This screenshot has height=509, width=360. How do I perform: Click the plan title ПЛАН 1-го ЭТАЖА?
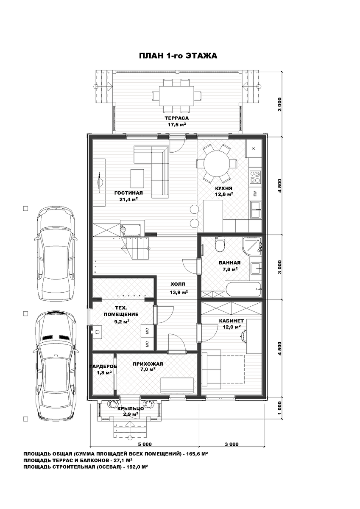[178, 56]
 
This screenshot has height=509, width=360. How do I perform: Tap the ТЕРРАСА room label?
[177, 118]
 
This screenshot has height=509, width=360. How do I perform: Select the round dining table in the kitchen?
[216, 163]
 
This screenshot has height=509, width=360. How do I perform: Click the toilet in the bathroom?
[220, 244]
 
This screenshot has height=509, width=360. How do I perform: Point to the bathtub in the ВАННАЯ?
[243, 289]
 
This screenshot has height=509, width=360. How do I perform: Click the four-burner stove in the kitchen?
[255, 177]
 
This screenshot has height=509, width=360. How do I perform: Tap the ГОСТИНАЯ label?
[128, 193]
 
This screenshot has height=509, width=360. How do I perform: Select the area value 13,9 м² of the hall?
[179, 292]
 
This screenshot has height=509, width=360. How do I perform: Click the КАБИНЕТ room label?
[231, 321]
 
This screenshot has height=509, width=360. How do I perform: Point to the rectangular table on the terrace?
[176, 96]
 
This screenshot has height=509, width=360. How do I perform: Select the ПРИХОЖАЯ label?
[148, 364]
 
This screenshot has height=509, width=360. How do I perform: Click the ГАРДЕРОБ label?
[103, 366]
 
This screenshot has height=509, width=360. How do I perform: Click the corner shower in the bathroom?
[252, 246]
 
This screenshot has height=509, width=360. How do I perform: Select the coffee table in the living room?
[137, 178]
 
